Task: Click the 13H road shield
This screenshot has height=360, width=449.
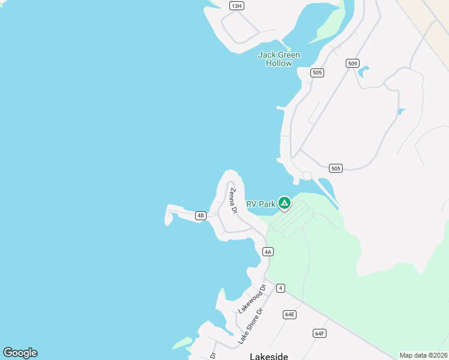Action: pyautogui.click(x=237, y=6)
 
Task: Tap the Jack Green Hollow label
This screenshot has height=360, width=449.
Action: pyautogui.click(x=279, y=59)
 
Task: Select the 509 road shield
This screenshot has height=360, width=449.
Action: pyautogui.click(x=352, y=63)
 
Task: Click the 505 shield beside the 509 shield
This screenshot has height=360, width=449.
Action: pyautogui.click(x=318, y=73)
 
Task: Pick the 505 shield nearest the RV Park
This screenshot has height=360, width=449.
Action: pyautogui.click(x=336, y=169)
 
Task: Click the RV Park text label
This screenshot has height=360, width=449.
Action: pyautogui.click(x=261, y=204)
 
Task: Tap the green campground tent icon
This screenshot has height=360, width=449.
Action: pyautogui.click(x=285, y=203)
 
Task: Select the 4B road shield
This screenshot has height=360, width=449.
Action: pyautogui.click(x=201, y=215)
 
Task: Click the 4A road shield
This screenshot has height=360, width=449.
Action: pyautogui.click(x=268, y=252)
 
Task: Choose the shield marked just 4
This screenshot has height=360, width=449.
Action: pyautogui.click(x=280, y=288)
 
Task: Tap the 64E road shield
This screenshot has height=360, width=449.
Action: pyautogui.click(x=290, y=314)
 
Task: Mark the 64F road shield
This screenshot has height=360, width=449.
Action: pyautogui.click(x=319, y=333)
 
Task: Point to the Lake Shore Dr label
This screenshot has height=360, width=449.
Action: pyautogui.click(x=251, y=326)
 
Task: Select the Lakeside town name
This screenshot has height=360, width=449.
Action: pyautogui.click(x=268, y=356)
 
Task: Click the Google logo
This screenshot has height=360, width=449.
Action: pyautogui.click(x=20, y=353)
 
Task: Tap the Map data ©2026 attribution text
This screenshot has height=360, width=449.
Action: pyautogui.click(x=423, y=355)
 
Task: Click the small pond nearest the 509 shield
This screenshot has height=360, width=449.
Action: pyautogui.click(x=363, y=73)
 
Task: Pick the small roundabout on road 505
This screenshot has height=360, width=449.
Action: pyautogui.click(x=307, y=176)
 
